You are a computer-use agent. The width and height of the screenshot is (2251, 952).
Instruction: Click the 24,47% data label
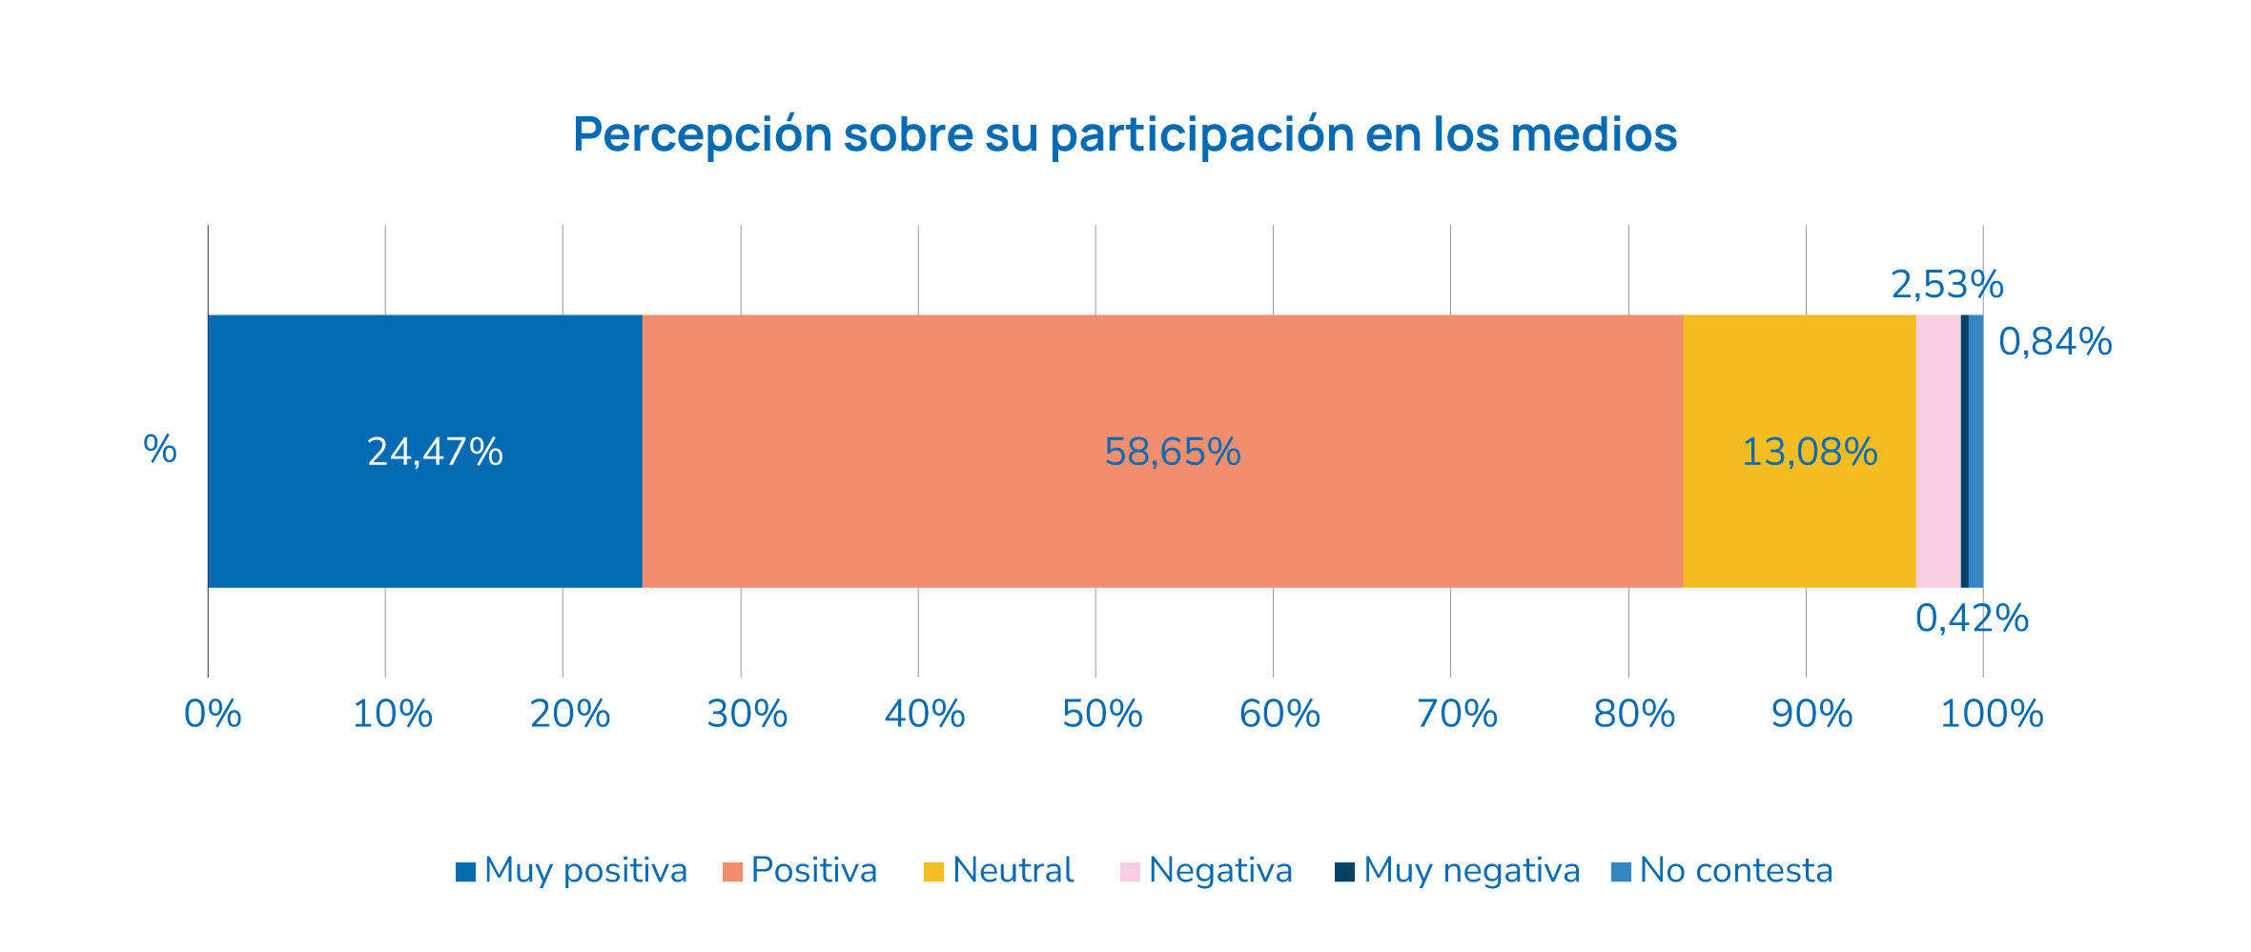click(x=435, y=452)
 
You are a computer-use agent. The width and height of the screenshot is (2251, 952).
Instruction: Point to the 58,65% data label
click(x=1172, y=452)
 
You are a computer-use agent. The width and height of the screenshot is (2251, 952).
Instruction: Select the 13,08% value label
click(x=1809, y=452)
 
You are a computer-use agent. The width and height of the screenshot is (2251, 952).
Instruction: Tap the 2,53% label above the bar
click(x=1946, y=285)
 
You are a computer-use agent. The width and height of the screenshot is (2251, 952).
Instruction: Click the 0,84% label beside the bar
click(x=2055, y=342)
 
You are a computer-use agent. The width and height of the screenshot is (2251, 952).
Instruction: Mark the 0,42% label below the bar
click(x=1971, y=619)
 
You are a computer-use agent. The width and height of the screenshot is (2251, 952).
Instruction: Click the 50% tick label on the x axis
click(x=1102, y=714)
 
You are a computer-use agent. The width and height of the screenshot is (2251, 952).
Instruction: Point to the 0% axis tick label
click(x=212, y=714)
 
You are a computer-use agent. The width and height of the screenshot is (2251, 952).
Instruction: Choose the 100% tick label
click(x=1992, y=714)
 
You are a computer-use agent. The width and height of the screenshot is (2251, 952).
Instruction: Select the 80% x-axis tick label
click(x=1634, y=714)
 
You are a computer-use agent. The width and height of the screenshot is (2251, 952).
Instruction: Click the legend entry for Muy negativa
click(x=1458, y=871)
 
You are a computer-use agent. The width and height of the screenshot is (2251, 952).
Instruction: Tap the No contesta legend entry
click(x=1722, y=871)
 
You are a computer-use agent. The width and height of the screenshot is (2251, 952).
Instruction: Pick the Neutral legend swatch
click(x=933, y=872)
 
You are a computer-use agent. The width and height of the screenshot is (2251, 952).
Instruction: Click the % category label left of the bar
click(x=160, y=450)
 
